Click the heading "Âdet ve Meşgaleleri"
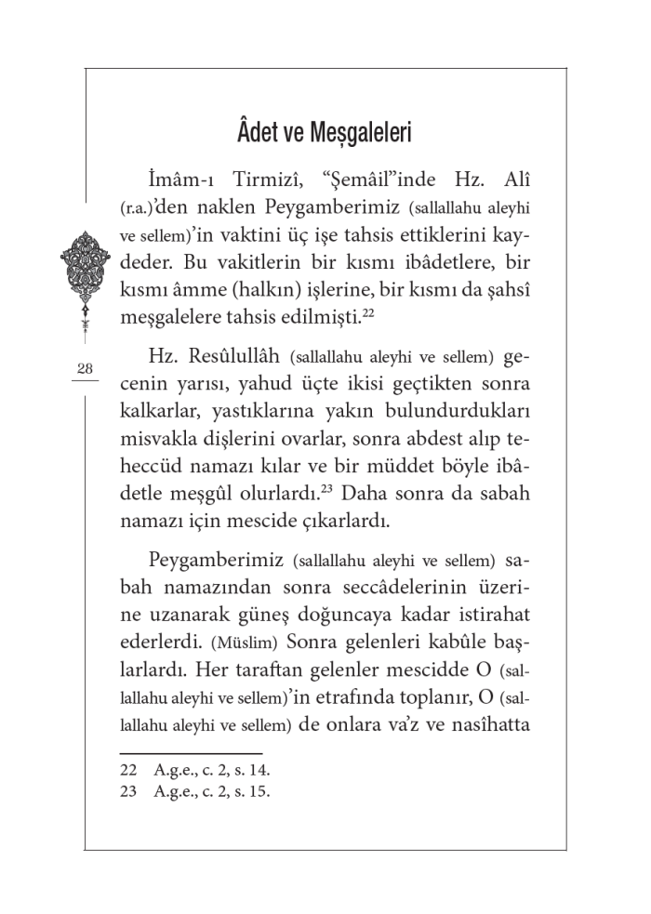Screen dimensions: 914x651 tap(325, 132)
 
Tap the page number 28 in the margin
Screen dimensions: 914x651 tap(85, 369)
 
